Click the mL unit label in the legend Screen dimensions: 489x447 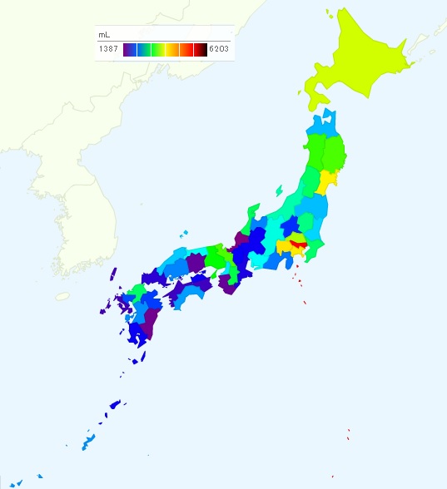click(104, 36)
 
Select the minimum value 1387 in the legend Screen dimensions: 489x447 click(108, 50)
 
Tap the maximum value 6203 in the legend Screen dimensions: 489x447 click(220, 50)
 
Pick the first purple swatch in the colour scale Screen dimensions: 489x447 click(129, 50)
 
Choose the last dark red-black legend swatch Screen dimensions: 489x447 click(201, 50)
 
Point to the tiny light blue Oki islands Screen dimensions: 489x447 click(184, 233)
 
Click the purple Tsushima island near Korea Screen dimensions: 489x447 click(112, 279)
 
